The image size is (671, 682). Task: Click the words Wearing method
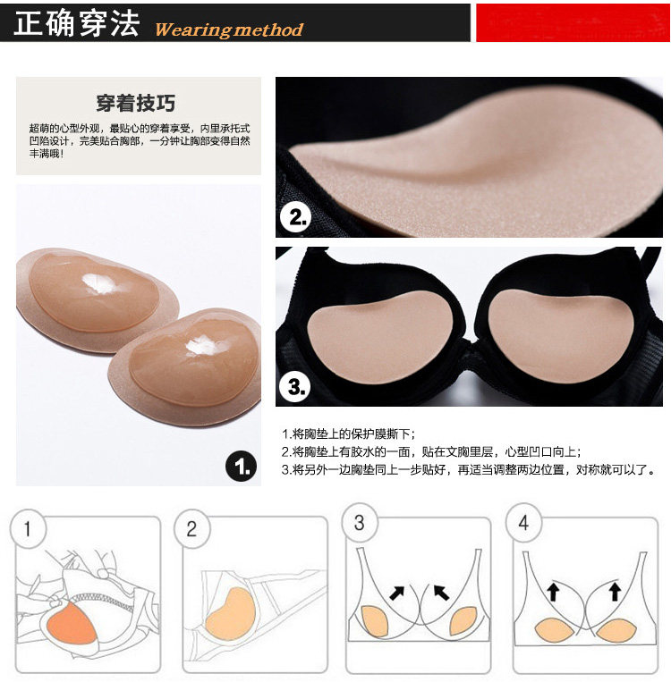pyautogui.click(x=229, y=29)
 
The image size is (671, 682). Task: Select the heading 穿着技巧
pyautogui.click(x=136, y=102)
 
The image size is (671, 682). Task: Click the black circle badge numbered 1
pyautogui.click(x=240, y=466)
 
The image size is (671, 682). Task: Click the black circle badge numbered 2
pyautogui.click(x=295, y=215)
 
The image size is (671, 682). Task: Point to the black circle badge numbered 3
pyautogui.click(x=296, y=386)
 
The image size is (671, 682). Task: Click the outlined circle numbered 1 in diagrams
pyautogui.click(x=28, y=529)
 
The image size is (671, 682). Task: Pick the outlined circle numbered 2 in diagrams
pyautogui.click(x=191, y=529)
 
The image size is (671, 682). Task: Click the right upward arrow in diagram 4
pyautogui.click(x=615, y=591)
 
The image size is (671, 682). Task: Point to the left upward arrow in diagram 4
pyautogui.click(x=551, y=591)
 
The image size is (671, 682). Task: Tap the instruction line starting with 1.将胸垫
pyautogui.click(x=349, y=434)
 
